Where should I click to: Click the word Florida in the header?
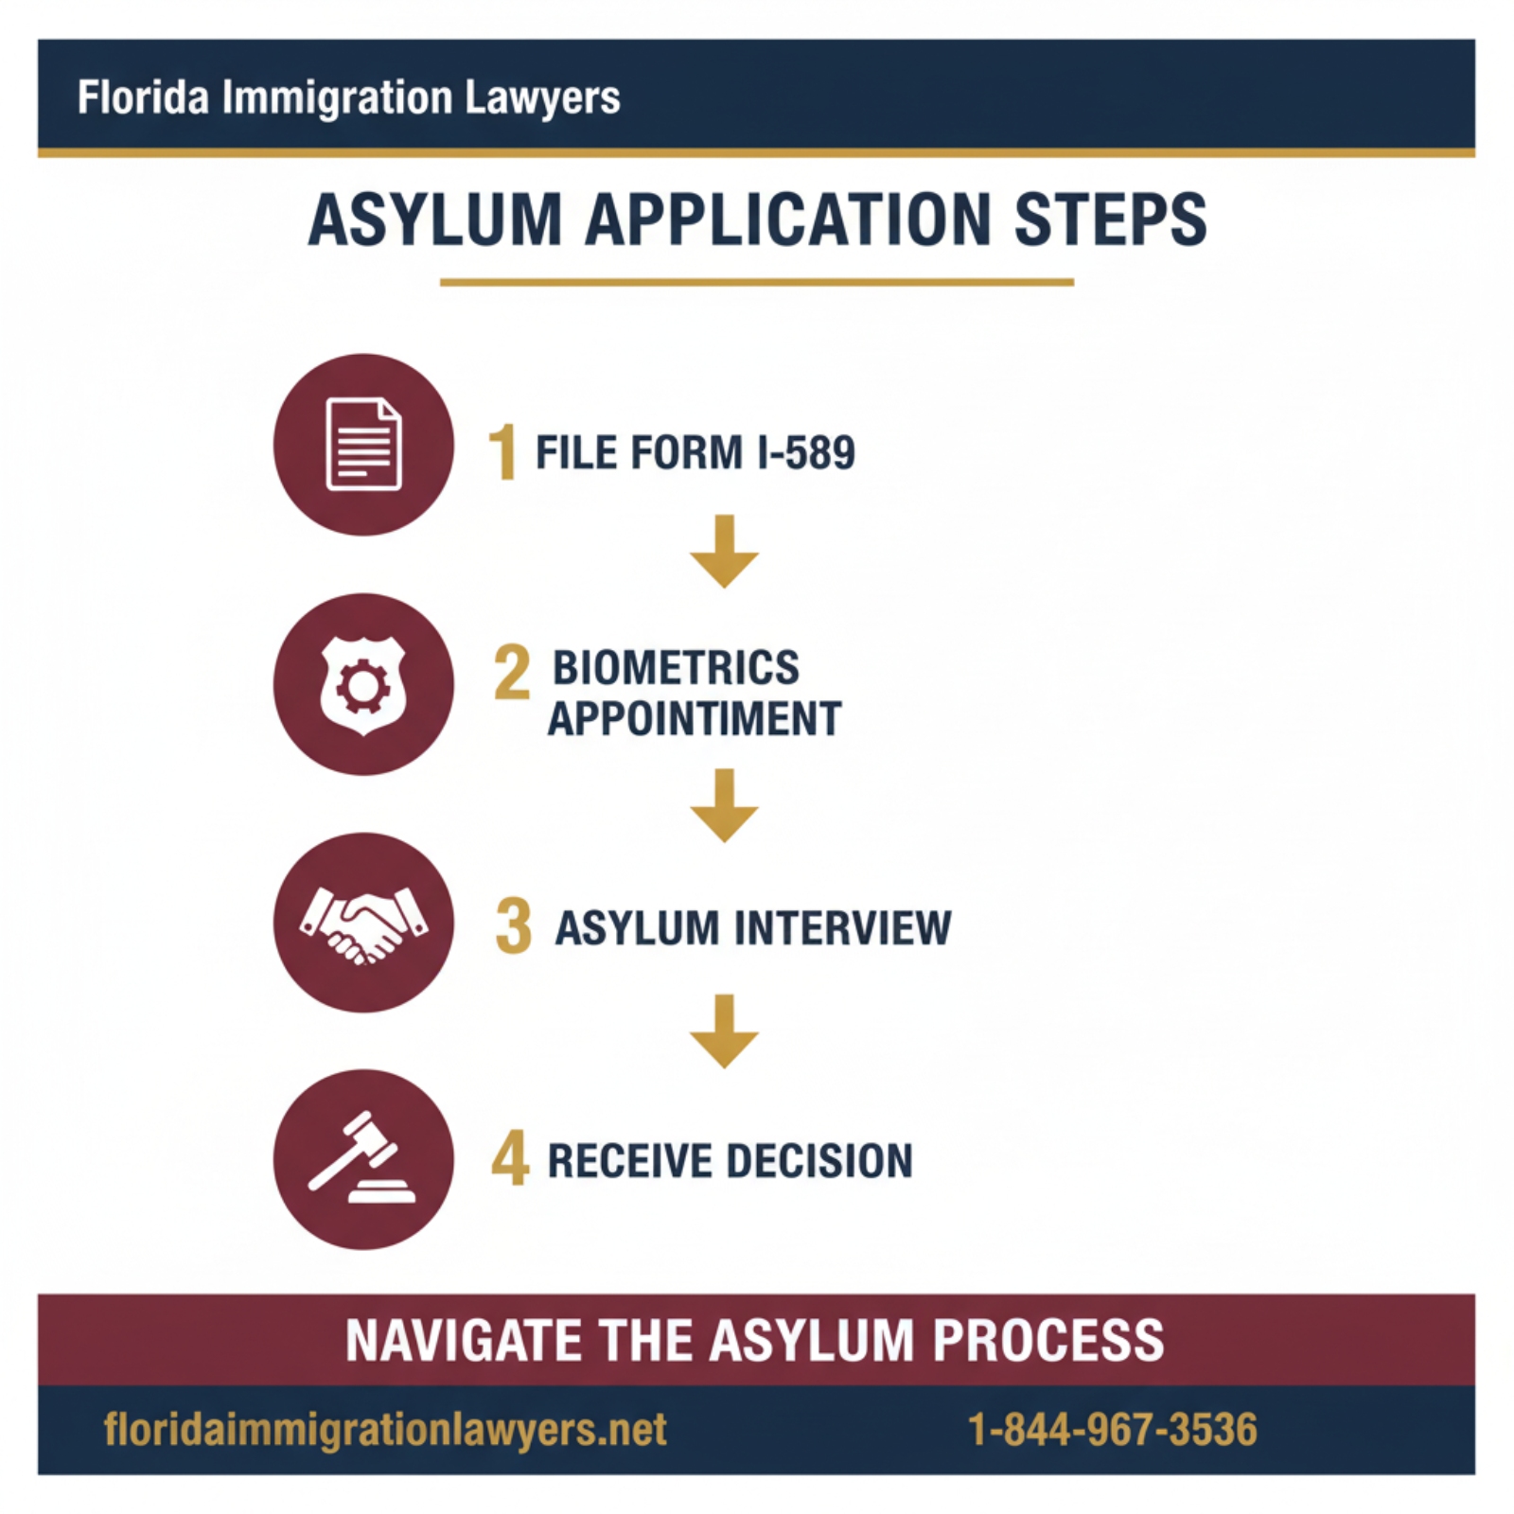[142, 97]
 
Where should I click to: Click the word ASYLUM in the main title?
[435, 220]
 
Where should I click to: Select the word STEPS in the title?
[1110, 220]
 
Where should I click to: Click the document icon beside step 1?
[363, 445]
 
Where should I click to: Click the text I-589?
[806, 452]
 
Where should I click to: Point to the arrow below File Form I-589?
[724, 553]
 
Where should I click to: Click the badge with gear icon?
[363, 684]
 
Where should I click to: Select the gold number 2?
[512, 673]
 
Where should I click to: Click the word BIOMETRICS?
[676, 668]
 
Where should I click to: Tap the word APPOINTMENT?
[694, 719]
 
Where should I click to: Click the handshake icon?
[363, 924]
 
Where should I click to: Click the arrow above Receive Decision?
[724, 1031]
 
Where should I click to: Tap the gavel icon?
[363, 1160]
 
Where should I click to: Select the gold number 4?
[510, 1158]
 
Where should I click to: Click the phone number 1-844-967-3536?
[1112, 1429]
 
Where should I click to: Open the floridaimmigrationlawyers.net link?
[385, 1429]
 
